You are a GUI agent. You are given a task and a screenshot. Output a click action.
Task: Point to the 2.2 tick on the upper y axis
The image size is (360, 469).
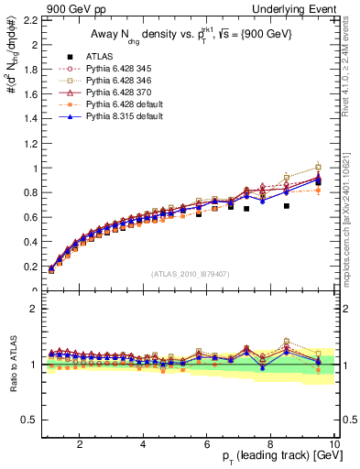click(31, 20)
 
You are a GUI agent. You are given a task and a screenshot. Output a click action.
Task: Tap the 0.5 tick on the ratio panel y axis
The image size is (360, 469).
click(31, 420)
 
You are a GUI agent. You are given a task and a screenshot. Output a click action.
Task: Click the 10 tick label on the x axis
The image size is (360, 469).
click(334, 444)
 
